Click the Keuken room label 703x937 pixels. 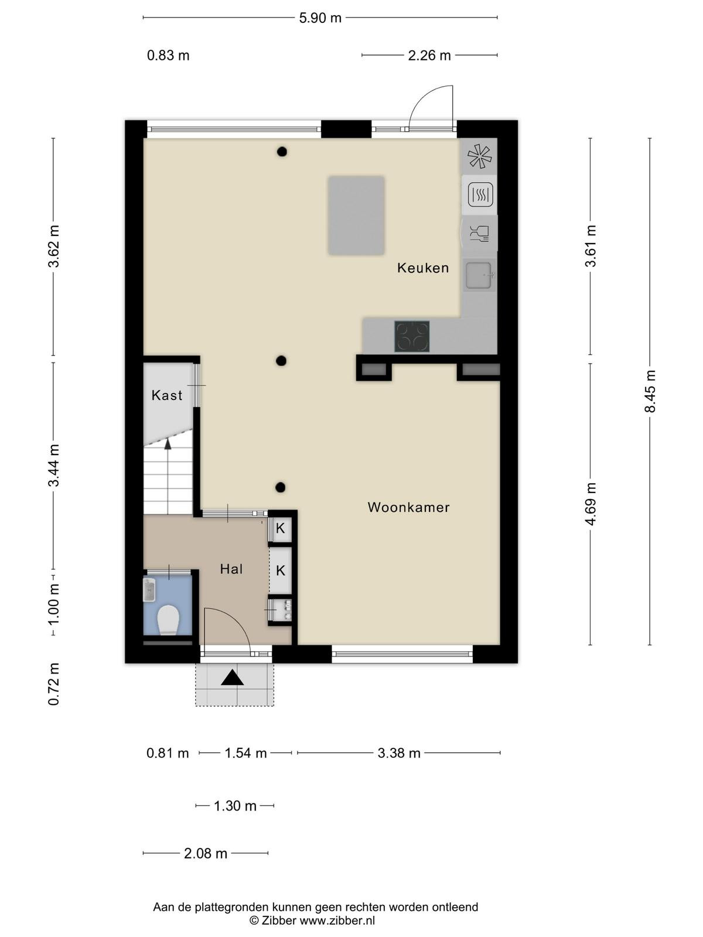point(422,268)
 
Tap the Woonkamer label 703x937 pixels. point(408,507)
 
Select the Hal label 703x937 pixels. point(231,569)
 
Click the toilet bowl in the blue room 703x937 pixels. point(168,620)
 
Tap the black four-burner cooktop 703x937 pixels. point(412,336)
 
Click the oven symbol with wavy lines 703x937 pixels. point(480,194)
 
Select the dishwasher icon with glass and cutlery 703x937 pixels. point(480,234)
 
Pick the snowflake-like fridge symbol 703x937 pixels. point(479,156)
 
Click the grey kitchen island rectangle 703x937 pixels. point(356,215)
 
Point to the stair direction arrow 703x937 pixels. point(168,444)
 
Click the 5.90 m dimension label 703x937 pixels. point(320,18)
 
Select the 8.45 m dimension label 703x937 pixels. point(650,391)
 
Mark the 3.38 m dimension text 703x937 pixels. point(399,753)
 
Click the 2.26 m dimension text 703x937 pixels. point(429,56)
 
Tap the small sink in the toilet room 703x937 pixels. point(149,590)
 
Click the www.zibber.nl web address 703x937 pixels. point(337,921)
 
